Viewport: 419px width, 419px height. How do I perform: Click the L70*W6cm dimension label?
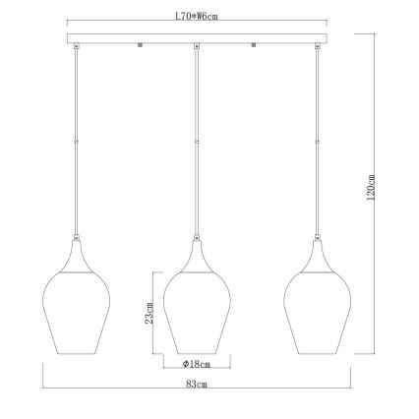197,16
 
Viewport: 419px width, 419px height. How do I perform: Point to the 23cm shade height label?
150,312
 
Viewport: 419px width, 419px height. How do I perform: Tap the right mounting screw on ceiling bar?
255,44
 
